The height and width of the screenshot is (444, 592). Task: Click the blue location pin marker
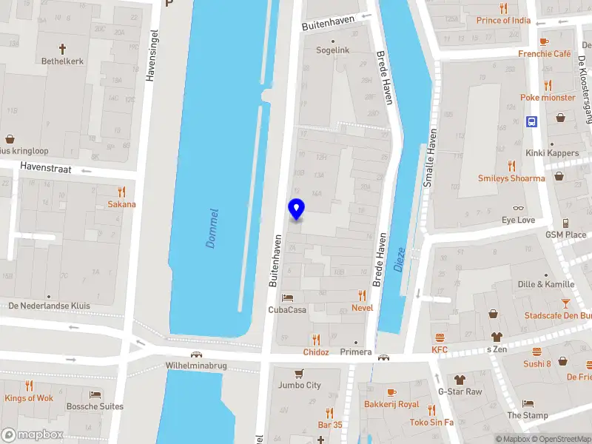[296, 209]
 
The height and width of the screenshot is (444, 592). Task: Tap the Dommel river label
[213, 228]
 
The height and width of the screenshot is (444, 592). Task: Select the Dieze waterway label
[400, 259]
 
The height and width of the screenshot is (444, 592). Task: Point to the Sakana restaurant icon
[122, 192]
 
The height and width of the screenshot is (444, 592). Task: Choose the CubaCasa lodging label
[287, 309]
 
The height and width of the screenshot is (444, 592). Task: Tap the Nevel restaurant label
[363, 307]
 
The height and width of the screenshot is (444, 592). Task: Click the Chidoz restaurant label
[316, 352]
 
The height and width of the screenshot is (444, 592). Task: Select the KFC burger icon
[440, 337]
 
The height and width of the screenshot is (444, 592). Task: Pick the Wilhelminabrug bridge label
[195, 366]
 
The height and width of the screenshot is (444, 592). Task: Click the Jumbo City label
[300, 385]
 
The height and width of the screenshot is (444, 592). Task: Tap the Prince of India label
[504, 20]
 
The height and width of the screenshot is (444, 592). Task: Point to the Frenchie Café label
[545, 53]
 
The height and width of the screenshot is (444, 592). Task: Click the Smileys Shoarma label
[511, 178]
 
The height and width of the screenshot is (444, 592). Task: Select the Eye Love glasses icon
[518, 208]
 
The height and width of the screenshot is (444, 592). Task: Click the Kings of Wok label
[29, 398]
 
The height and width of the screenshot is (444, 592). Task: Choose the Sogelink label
[333, 50]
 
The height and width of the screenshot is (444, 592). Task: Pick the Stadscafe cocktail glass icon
[566, 303]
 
